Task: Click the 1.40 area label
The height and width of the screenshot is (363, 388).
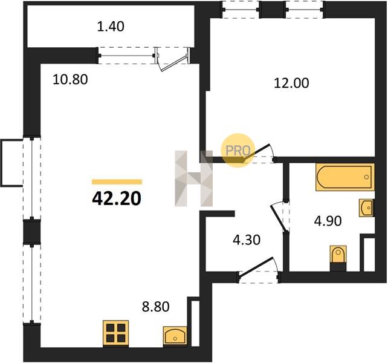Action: [x=111, y=27]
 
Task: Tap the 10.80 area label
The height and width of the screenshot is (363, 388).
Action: [x=70, y=80]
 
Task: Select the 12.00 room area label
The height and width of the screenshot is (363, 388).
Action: [x=291, y=83]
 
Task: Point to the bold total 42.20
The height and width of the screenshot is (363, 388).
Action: [x=117, y=198]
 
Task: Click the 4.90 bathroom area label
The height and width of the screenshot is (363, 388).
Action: [x=328, y=221]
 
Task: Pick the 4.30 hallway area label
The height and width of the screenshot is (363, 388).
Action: [x=247, y=240]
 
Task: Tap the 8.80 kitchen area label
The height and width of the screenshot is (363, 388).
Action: [x=156, y=307]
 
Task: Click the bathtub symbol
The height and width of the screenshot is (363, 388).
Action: [x=344, y=177]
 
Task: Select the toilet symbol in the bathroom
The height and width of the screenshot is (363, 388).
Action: [x=338, y=258]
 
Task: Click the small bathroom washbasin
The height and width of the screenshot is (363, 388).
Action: [x=366, y=208]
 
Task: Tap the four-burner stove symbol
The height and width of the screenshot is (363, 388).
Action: [x=116, y=333]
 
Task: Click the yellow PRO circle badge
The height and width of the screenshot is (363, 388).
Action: [x=238, y=150]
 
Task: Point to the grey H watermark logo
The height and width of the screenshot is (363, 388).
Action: [x=194, y=178]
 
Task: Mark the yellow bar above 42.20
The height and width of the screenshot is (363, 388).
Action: [x=117, y=182]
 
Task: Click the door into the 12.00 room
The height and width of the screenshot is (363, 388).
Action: [x=257, y=152]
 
